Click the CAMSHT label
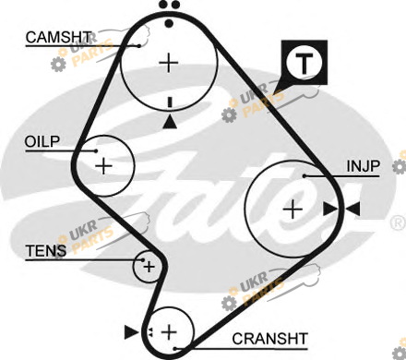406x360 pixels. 58,37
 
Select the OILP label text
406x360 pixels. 42,142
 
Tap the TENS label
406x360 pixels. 46,251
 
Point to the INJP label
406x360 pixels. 364,166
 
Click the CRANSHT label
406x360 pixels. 269,339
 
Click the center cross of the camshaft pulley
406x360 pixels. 169,63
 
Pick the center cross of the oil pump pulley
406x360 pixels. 104,166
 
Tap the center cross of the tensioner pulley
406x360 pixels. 149,267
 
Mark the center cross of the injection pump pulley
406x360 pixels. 293,210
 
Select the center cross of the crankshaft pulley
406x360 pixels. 169,332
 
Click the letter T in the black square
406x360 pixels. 304,63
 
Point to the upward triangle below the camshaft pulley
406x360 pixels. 170,122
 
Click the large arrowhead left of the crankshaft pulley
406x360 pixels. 131,332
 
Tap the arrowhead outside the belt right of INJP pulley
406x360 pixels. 352,210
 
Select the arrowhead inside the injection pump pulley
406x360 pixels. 330,210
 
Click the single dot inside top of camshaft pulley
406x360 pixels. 169,23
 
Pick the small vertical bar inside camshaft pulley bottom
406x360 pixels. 170,102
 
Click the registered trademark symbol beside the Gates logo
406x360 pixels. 398,223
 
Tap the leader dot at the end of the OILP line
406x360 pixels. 96,150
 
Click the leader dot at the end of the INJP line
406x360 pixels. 304,176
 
